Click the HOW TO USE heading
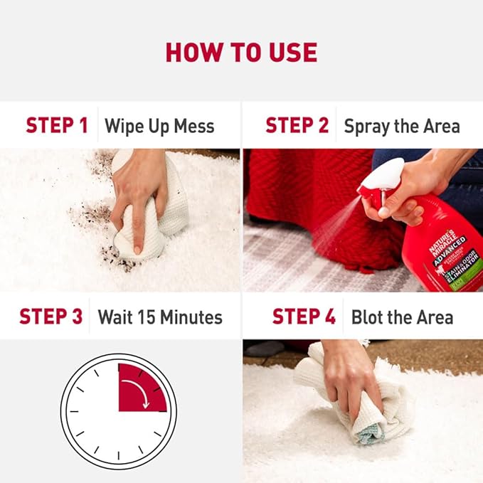(241, 52)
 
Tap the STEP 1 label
(57, 126)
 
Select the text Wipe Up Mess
(159, 127)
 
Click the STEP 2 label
(297, 126)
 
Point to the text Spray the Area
(402, 127)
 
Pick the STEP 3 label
(51, 317)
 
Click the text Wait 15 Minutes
(160, 317)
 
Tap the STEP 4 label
(304, 317)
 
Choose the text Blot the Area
(402, 317)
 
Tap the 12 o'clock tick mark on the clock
(118, 368)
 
